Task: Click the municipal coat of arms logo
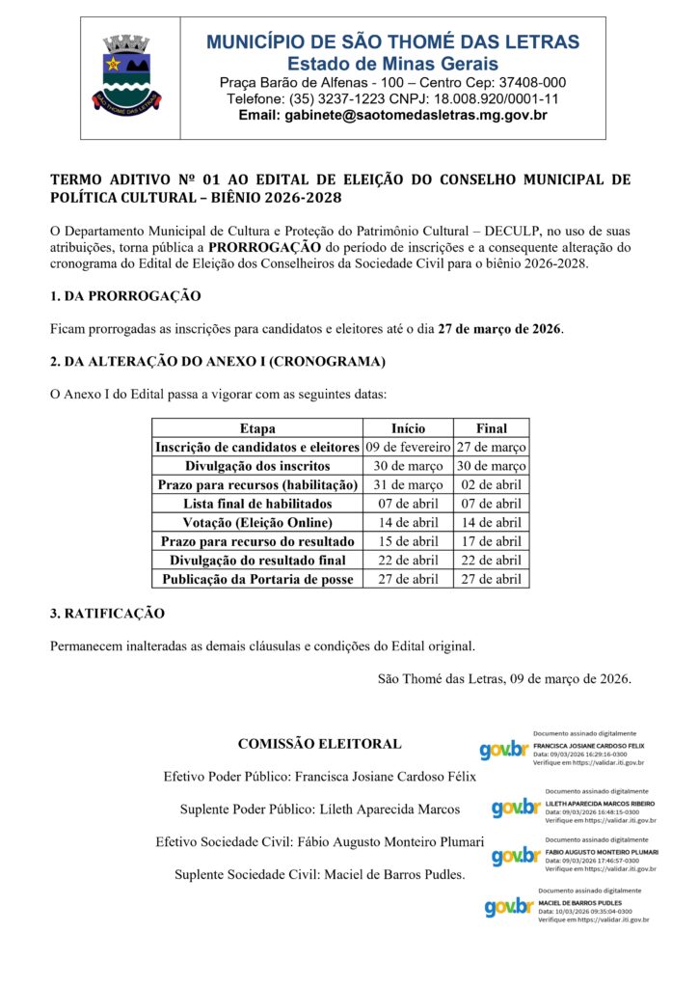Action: tap(125, 71)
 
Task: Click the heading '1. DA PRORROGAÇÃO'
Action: tap(125, 295)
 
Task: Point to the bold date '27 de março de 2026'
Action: tap(499, 328)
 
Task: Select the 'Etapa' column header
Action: tap(257, 428)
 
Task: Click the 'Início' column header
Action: tap(408, 428)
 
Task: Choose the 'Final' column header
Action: tap(492, 428)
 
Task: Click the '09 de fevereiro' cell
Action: tap(408, 447)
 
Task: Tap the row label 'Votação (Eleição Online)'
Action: tap(257, 522)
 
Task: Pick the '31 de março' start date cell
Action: tap(408, 484)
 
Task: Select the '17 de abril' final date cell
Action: tap(492, 541)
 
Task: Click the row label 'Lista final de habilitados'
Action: tap(257, 504)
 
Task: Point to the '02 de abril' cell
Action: tap(492, 484)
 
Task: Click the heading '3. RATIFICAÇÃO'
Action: tap(107, 613)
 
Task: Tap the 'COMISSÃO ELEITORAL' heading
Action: tap(319, 744)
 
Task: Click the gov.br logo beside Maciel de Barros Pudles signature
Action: tap(508, 906)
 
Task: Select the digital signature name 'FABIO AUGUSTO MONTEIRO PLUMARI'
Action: tap(602, 852)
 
